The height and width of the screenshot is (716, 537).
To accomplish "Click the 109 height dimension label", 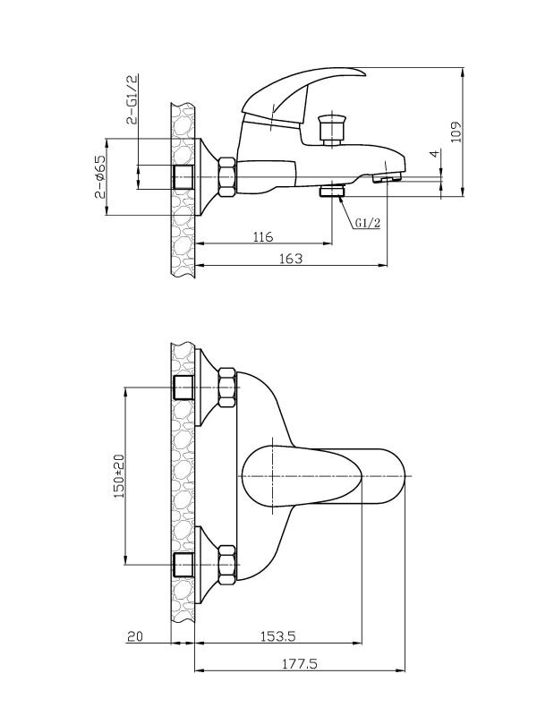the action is pyautogui.click(x=456, y=132).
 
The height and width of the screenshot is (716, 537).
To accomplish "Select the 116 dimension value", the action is pyautogui.click(x=263, y=237).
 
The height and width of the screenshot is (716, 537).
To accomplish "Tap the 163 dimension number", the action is pyautogui.click(x=291, y=259).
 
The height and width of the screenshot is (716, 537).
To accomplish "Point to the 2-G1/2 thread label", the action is pyautogui.click(x=132, y=98).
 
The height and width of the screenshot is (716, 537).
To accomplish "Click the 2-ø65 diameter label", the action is pyautogui.click(x=100, y=176).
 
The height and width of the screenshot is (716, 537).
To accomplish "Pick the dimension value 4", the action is pyautogui.click(x=435, y=153).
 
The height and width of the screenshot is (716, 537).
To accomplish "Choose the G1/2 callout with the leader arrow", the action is pyautogui.click(x=368, y=223).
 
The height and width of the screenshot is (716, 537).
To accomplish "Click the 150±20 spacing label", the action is pyautogui.click(x=119, y=476).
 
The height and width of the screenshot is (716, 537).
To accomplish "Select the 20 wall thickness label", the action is pyautogui.click(x=135, y=636).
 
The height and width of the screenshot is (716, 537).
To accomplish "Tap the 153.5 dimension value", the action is pyautogui.click(x=278, y=635).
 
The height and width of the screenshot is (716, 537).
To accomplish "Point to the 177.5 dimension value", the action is pyautogui.click(x=299, y=663).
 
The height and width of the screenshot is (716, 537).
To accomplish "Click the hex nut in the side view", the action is pyautogui.click(x=227, y=177).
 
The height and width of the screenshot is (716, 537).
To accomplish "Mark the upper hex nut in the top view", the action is pyautogui.click(x=227, y=388).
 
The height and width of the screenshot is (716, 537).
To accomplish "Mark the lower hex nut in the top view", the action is pyautogui.click(x=227, y=565).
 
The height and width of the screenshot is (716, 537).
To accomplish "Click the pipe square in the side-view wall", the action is pyautogui.click(x=183, y=177).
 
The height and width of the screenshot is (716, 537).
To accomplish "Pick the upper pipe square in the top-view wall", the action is pyautogui.click(x=183, y=388).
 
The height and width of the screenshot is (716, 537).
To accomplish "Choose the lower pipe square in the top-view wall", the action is pyautogui.click(x=183, y=565).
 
